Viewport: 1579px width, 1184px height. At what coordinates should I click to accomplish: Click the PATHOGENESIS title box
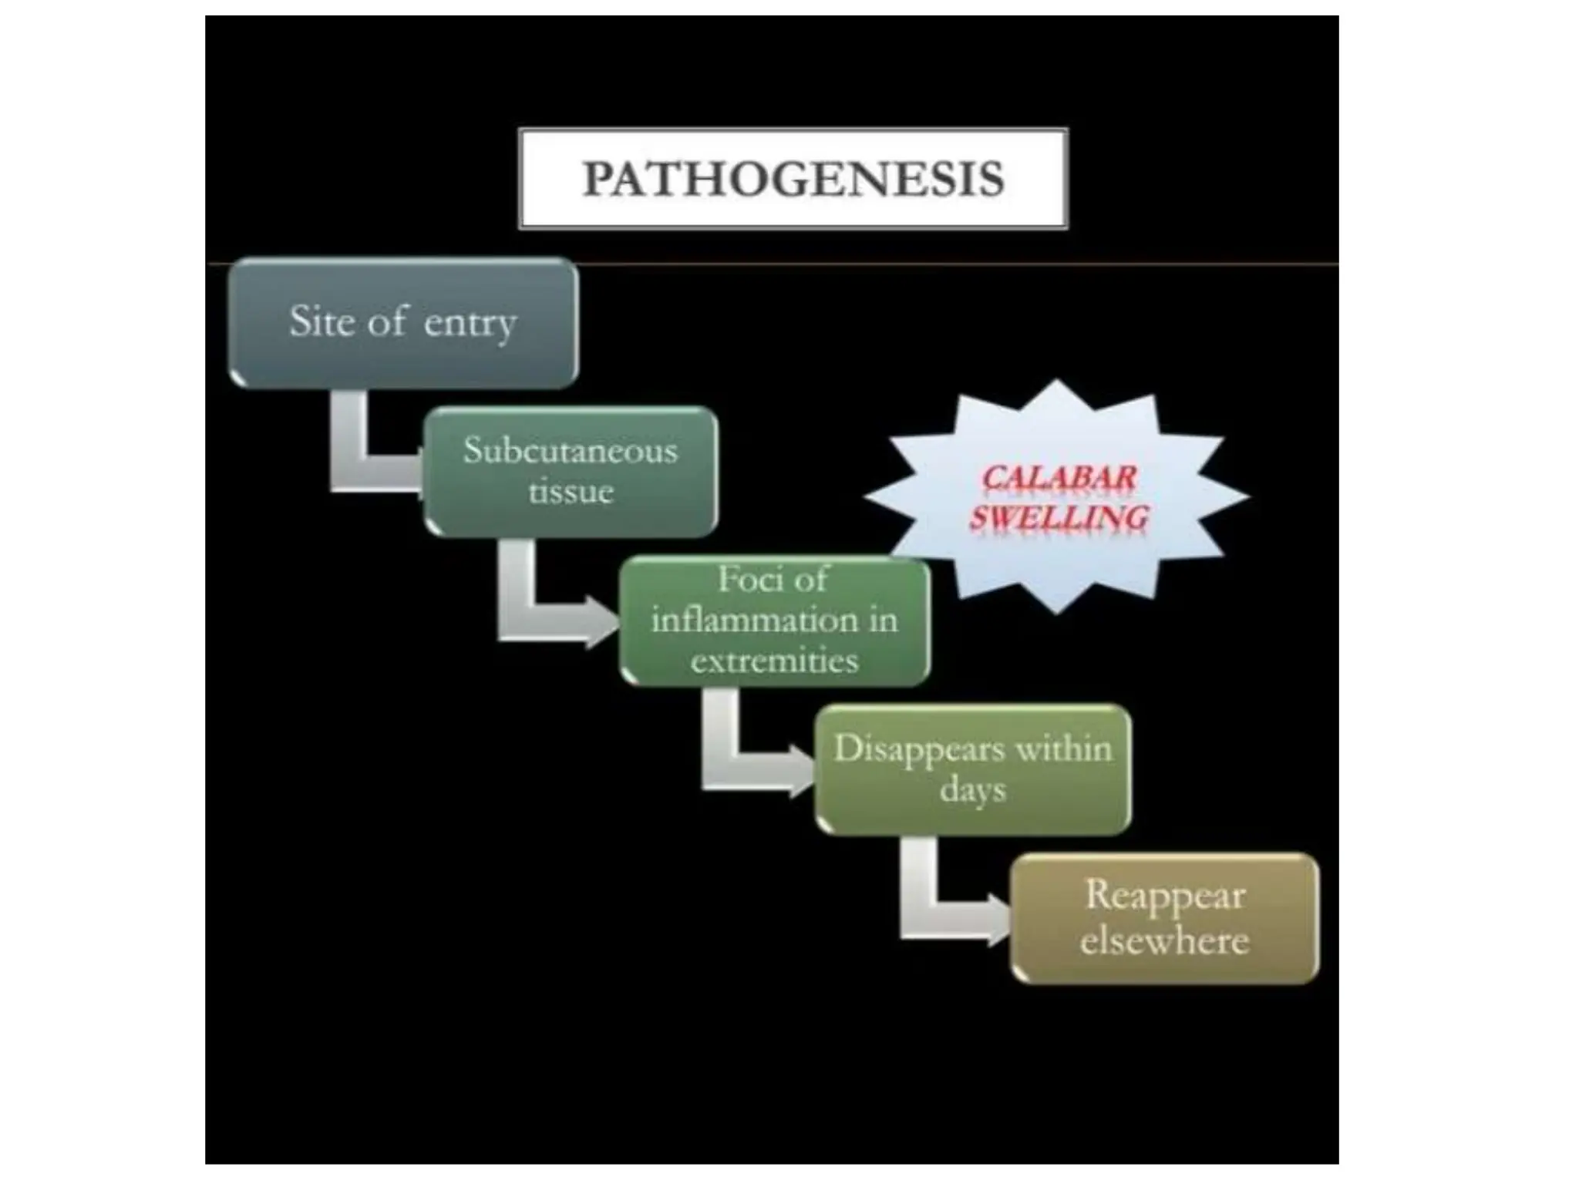(793, 178)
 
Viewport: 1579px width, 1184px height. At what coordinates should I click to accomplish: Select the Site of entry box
(403, 322)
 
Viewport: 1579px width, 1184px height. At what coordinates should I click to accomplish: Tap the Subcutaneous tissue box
(571, 471)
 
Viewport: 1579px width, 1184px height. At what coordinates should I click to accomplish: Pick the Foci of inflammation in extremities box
(774, 621)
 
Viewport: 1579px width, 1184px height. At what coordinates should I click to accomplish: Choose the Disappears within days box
(973, 769)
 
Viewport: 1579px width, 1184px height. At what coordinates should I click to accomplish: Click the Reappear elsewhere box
(1164, 918)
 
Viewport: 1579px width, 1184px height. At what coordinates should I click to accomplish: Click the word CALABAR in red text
(1059, 478)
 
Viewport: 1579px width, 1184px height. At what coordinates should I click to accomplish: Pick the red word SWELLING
(1059, 517)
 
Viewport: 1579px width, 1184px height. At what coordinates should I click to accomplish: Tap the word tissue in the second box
(571, 492)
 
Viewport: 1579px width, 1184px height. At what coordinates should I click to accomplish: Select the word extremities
(774, 661)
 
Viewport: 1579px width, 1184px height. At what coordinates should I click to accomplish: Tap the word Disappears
(909, 749)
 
